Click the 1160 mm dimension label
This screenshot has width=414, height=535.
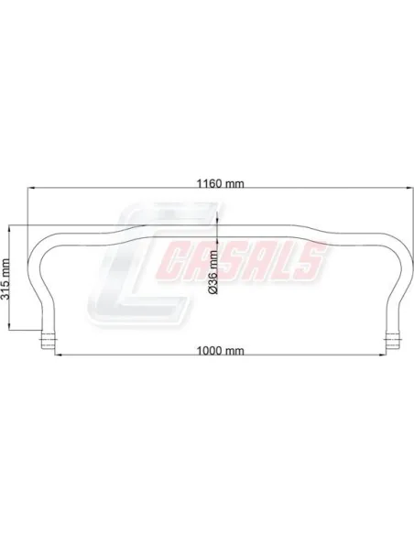221,183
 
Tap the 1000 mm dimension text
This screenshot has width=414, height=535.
221,351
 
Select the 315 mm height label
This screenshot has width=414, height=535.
5,279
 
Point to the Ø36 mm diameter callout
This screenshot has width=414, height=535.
213,272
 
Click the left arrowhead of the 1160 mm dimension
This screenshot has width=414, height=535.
31,188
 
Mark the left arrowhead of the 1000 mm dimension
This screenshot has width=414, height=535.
59,355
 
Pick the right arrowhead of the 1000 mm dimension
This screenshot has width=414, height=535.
382,355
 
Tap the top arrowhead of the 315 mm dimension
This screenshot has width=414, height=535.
9,229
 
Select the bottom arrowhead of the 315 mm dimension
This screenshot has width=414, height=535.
9,326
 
